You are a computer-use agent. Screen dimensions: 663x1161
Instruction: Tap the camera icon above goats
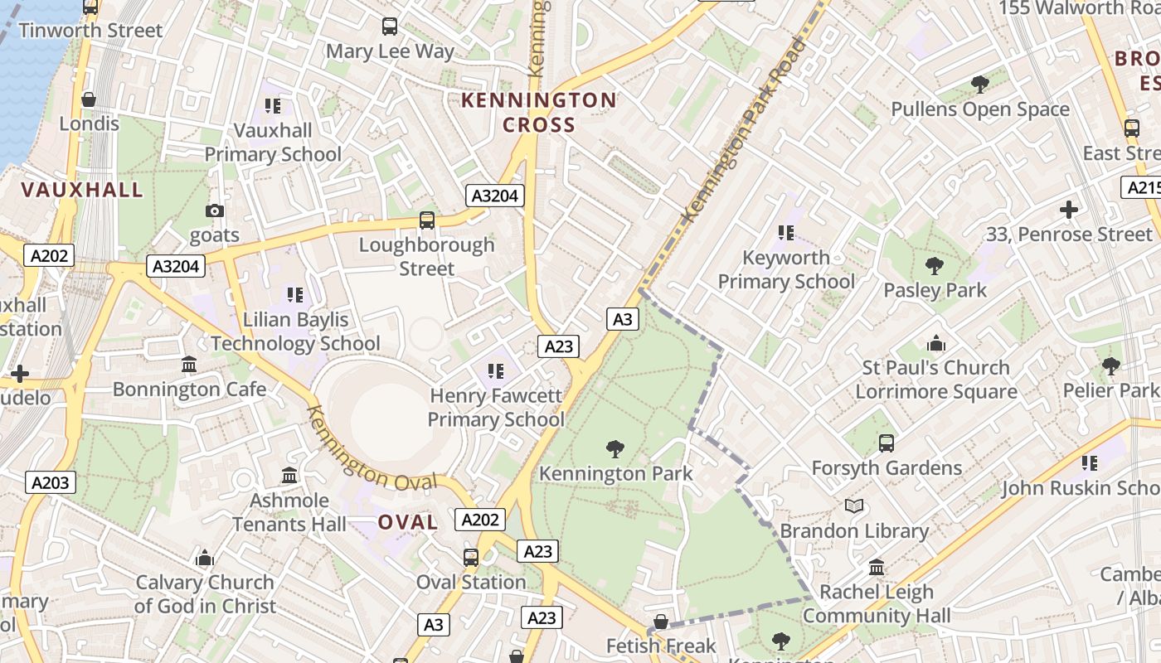coord(215,211)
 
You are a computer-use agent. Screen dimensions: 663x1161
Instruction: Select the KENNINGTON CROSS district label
coord(538,113)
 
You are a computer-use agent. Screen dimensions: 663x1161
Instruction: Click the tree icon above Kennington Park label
coord(615,449)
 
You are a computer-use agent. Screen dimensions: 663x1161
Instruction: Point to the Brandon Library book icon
coord(854,506)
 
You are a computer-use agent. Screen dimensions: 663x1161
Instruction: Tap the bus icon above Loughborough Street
coord(427,220)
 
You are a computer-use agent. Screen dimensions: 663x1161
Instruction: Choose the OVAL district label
coord(407,522)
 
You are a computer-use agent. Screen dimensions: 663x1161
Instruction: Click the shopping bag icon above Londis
coord(89,99)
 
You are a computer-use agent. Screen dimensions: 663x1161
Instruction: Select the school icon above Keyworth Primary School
coord(785,233)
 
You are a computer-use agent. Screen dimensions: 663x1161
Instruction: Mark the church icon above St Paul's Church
coord(936,343)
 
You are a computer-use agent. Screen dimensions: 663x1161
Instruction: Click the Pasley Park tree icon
coord(935,266)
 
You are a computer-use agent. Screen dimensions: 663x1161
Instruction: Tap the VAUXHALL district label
coord(82,190)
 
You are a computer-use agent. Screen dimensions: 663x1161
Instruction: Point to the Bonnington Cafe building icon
coord(189,365)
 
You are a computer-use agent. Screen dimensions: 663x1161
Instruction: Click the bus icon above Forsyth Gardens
coord(887,443)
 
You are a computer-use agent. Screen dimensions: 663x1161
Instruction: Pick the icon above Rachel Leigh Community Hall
coord(877,568)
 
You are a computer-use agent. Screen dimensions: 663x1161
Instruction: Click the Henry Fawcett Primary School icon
coord(496,371)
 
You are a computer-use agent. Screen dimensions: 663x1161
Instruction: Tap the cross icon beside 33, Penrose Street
coord(1069,210)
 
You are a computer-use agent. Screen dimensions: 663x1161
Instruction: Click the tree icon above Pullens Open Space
coord(979,84)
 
